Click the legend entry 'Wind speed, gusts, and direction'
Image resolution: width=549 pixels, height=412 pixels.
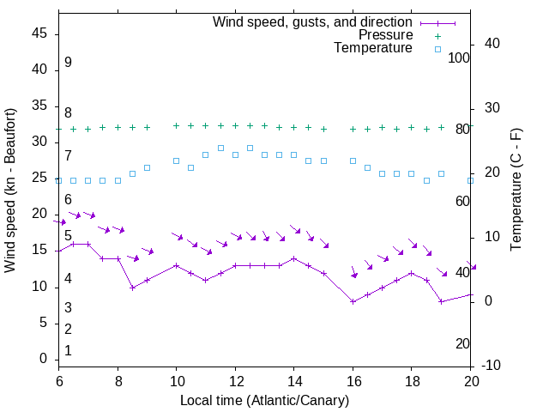(312, 21)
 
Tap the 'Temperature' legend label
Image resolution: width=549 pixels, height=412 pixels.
(373, 49)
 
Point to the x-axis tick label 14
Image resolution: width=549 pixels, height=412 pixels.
(293, 381)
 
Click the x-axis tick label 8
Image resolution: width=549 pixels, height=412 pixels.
(118, 381)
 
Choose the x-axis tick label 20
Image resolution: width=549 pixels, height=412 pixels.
(471, 381)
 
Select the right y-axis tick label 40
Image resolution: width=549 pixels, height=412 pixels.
(493, 44)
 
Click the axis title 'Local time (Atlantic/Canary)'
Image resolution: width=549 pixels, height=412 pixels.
(265, 400)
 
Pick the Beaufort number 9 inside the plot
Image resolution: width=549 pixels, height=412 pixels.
(68, 63)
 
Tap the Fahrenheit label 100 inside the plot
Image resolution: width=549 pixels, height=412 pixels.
(459, 58)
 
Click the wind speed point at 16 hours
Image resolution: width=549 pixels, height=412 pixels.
(353, 301)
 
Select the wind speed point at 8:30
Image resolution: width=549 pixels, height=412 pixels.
(132, 288)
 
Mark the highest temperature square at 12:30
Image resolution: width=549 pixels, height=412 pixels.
(250, 148)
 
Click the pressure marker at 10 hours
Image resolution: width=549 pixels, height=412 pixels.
(176, 125)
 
